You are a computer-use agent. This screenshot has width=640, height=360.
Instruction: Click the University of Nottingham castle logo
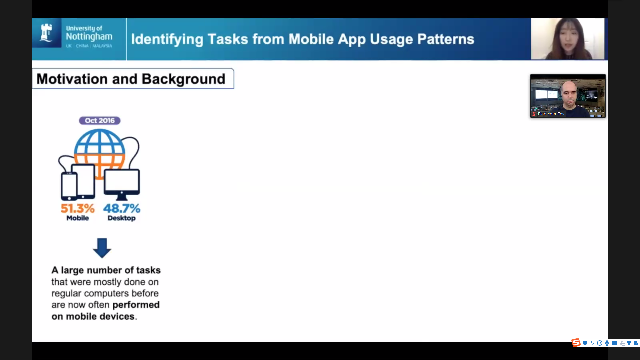(x=46, y=33)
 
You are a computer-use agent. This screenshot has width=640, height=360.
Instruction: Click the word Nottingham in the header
(x=89, y=37)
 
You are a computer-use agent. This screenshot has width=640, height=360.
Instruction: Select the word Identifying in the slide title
(x=167, y=39)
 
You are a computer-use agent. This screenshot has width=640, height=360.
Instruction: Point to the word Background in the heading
(x=184, y=79)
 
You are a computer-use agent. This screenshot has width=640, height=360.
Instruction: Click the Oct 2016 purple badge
(x=100, y=121)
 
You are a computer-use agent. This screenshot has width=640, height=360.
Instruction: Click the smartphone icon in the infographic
(x=69, y=186)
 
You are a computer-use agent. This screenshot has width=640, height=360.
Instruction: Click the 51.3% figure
(x=78, y=208)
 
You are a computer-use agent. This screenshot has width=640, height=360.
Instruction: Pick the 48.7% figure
(x=122, y=208)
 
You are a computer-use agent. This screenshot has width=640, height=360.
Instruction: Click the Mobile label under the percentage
(x=78, y=218)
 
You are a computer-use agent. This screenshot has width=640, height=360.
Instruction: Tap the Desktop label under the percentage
(x=122, y=218)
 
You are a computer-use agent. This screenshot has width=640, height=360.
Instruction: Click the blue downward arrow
(x=102, y=248)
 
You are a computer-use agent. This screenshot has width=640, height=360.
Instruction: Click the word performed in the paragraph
(x=136, y=305)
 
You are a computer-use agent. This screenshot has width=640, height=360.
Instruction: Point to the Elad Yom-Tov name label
(x=551, y=114)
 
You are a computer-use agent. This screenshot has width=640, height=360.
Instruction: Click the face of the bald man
(x=569, y=93)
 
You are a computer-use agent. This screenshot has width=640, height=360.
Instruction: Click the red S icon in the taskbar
(x=576, y=343)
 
